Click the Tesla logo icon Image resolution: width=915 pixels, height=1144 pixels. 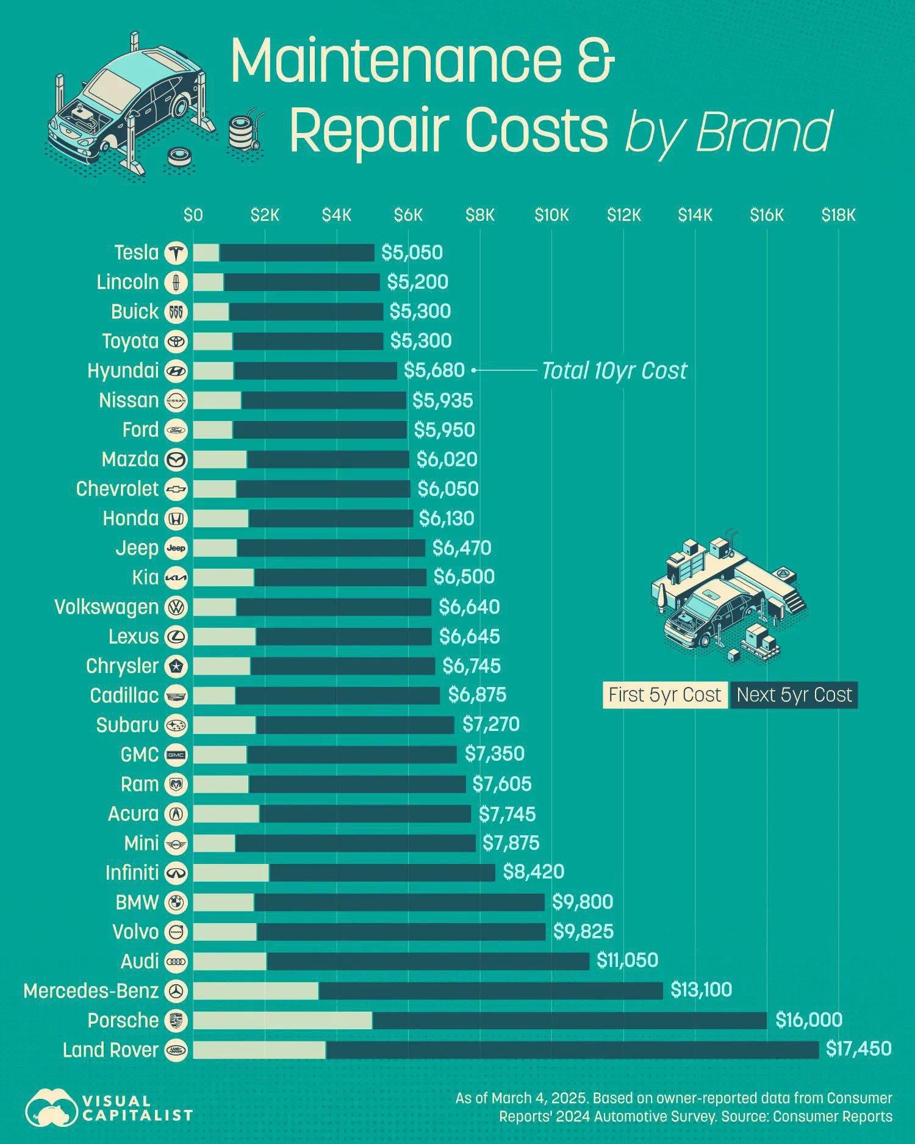[x=176, y=253]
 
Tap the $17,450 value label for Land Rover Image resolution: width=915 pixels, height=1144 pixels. [x=858, y=1049]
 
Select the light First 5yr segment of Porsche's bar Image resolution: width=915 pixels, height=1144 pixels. [x=282, y=1020]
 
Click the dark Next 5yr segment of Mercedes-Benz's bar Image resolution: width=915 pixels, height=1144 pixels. [x=490, y=990]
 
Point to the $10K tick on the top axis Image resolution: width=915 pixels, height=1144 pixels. [x=551, y=215]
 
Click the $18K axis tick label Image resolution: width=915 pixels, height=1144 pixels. [x=838, y=215]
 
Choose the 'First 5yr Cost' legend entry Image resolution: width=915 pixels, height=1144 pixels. [x=665, y=695]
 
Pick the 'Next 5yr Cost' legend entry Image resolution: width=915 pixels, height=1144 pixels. [x=794, y=695]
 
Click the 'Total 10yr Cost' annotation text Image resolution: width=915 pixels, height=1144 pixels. [x=614, y=370]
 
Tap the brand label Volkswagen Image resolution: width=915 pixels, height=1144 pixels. [x=106, y=607]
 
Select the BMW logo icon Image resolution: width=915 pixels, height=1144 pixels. [x=176, y=902]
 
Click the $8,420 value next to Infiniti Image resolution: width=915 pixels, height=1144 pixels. [x=533, y=872]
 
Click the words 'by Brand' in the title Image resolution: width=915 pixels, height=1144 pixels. [x=728, y=131]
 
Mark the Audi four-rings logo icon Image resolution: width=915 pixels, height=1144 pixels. [x=176, y=961]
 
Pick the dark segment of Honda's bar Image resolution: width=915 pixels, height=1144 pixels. [x=330, y=519]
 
